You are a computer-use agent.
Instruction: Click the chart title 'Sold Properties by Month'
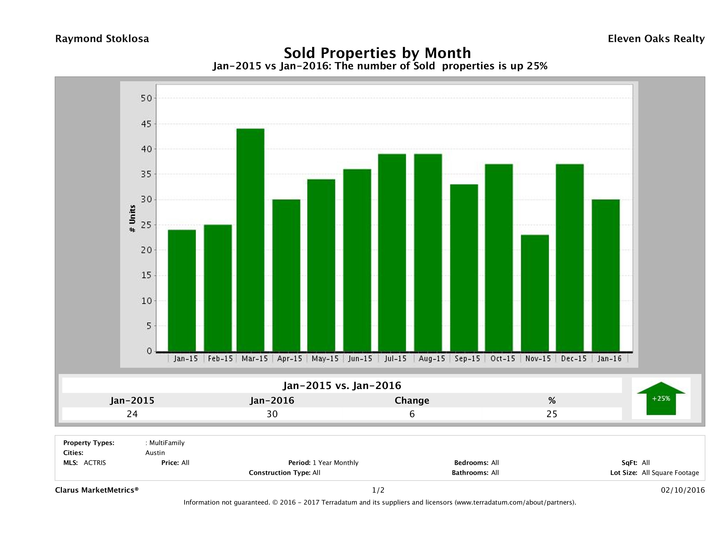click(x=377, y=53)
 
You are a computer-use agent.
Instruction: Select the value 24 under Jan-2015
click(x=132, y=414)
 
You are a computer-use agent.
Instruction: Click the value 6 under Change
click(x=412, y=414)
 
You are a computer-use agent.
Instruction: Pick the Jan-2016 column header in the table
click(x=272, y=401)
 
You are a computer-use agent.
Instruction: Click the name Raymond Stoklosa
click(x=102, y=39)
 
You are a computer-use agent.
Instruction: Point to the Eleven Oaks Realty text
click(x=656, y=39)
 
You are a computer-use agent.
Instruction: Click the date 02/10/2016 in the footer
click(x=683, y=490)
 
